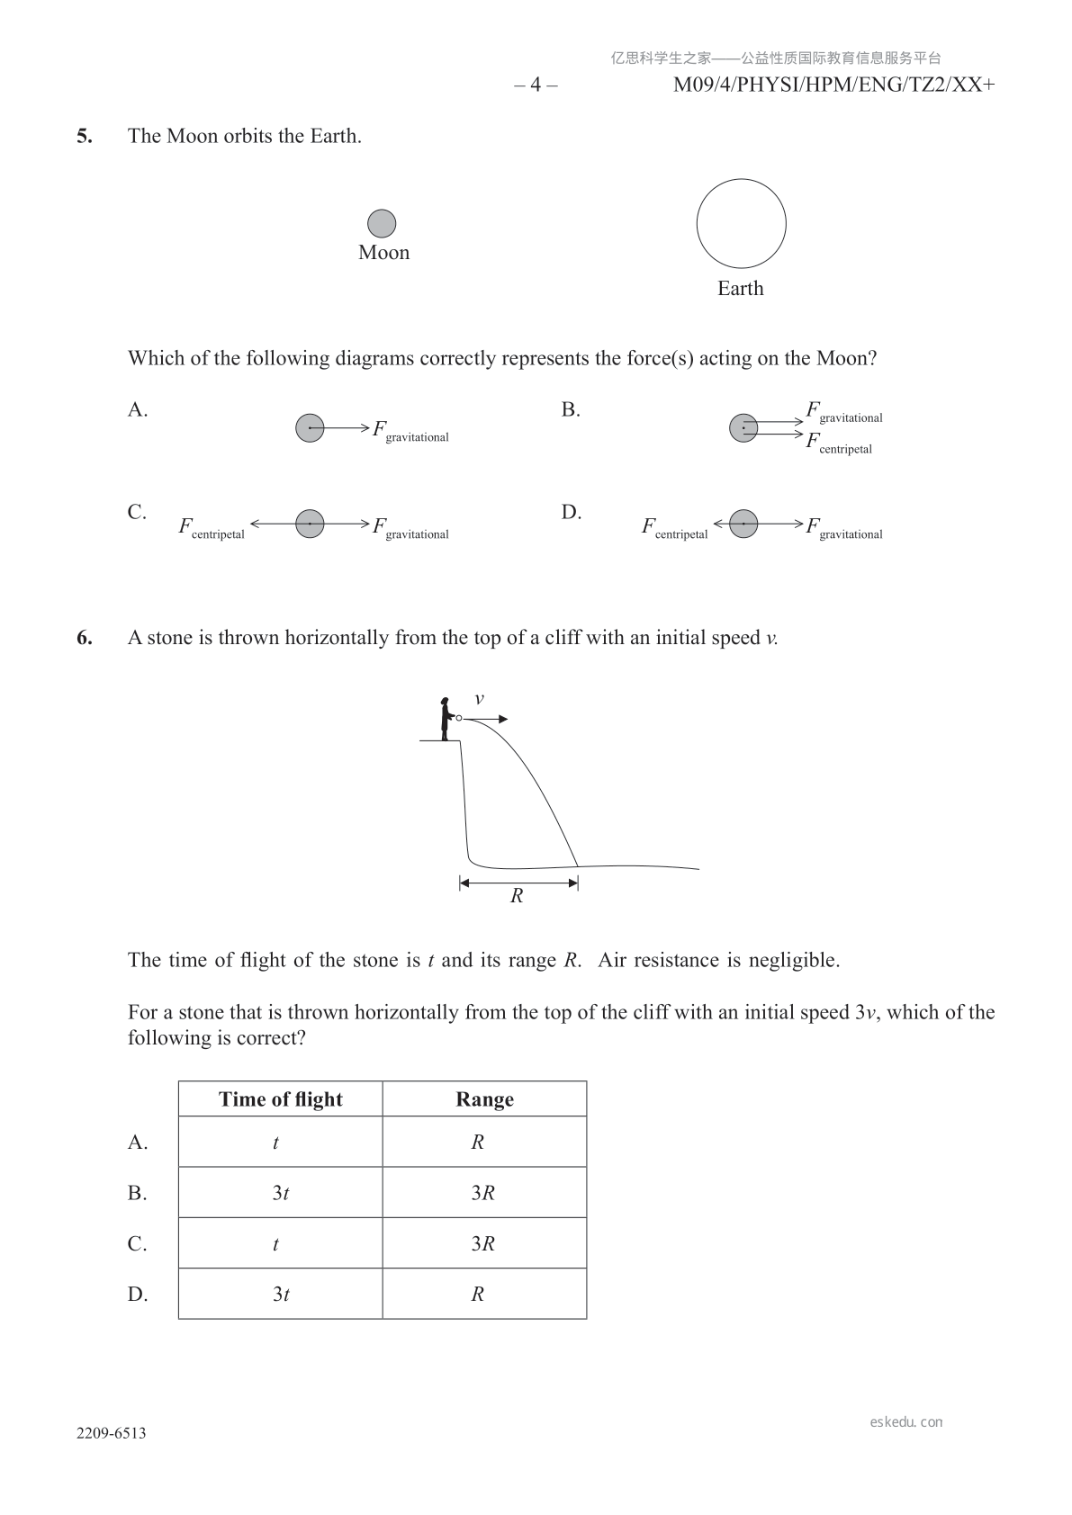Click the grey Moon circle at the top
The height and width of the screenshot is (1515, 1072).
coord(382,223)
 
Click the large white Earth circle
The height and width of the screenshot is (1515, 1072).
coord(741,224)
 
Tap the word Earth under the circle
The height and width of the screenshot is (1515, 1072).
coord(740,289)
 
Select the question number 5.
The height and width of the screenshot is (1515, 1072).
coord(84,137)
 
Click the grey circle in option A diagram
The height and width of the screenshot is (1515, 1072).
coord(310,428)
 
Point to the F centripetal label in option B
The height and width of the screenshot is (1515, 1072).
coord(839,444)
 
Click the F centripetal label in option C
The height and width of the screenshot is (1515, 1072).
coord(212,528)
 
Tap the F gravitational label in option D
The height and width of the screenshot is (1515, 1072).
coord(843,528)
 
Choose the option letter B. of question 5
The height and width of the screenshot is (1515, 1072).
coord(571,410)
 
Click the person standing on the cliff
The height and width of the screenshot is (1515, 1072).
coord(445,719)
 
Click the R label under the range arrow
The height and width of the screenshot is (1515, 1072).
coord(517,896)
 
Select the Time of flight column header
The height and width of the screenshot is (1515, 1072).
coord(280,1099)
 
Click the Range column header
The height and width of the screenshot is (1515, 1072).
coord(484,1099)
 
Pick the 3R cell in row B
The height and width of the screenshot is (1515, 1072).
coord(483,1193)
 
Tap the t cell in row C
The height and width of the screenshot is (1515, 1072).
coord(275,1244)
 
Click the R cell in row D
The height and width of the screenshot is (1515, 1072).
coord(478,1295)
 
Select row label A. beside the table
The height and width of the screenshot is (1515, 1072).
coord(138,1143)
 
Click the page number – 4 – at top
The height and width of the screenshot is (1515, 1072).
coord(536,85)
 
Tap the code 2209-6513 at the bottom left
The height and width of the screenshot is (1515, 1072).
coord(111,1433)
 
